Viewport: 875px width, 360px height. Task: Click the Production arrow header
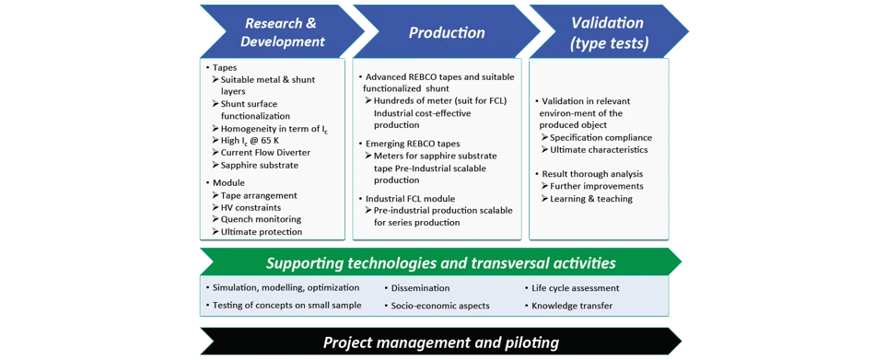point(447,32)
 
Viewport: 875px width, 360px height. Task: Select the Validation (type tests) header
point(608,32)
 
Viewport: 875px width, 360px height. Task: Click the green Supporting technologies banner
point(441,262)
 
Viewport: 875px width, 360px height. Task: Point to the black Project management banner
point(441,342)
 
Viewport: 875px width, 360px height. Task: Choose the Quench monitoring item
point(257,219)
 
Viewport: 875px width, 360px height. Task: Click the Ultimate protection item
point(257,232)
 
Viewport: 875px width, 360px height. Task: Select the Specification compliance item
point(597,137)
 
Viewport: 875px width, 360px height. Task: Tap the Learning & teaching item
point(587,198)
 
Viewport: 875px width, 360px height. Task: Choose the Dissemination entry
point(417,288)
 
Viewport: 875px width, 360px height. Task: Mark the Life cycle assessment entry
point(572,288)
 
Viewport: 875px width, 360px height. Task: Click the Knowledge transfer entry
point(568,306)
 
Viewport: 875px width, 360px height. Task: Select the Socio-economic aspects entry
point(437,306)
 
